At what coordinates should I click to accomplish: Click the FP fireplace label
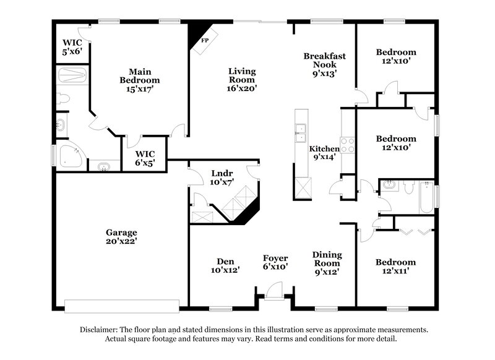point(204,40)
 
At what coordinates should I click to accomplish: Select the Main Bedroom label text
point(140,80)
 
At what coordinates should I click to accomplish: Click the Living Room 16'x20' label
point(242,80)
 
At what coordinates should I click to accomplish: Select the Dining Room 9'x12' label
point(327,263)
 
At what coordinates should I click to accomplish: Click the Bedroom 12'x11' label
point(396,267)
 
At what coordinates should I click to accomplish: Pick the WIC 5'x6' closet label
point(72,47)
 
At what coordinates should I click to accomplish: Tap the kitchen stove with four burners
point(347,145)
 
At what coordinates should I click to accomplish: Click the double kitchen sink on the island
point(301,130)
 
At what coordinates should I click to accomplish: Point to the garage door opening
point(122,305)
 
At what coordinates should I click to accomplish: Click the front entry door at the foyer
point(274,291)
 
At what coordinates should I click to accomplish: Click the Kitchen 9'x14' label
point(324,153)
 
